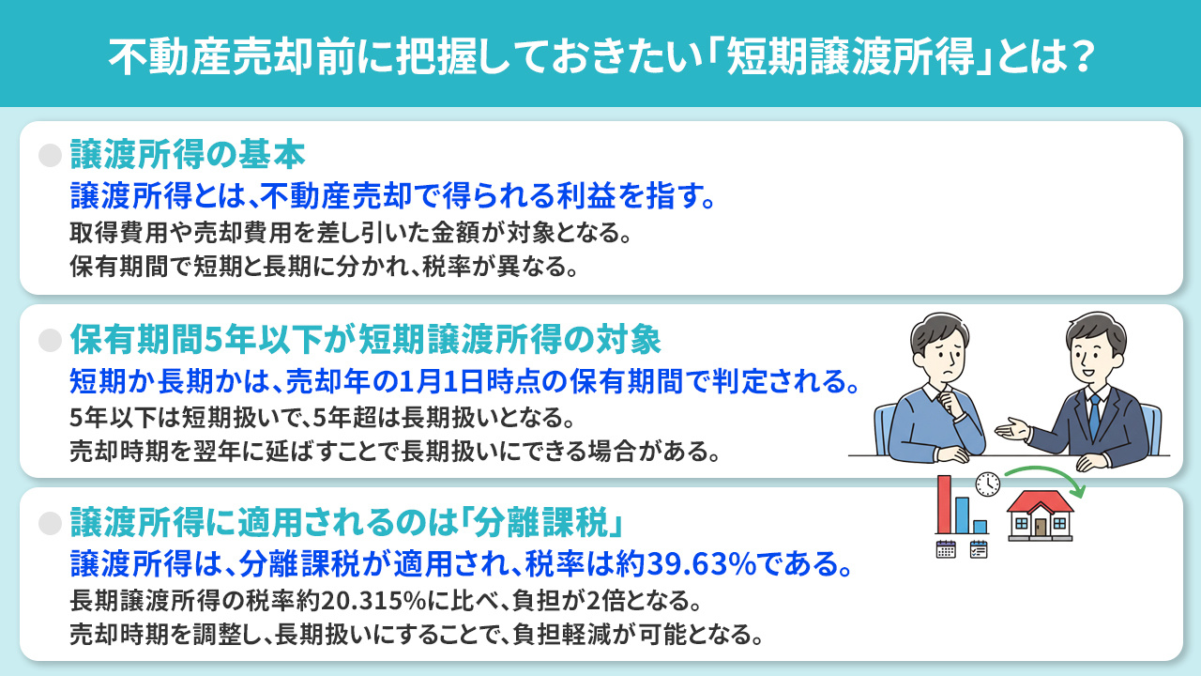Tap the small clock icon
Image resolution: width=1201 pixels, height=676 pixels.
click(x=987, y=484)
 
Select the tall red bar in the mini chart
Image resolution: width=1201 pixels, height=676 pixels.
click(x=943, y=504)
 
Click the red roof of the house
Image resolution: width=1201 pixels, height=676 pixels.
click(x=1040, y=501)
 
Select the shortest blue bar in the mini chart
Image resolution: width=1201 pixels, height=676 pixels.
click(x=980, y=526)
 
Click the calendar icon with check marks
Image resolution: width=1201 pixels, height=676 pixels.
click(x=979, y=549)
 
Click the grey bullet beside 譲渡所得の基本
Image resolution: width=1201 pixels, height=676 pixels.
click(x=50, y=155)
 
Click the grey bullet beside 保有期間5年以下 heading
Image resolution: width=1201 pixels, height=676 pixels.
click(x=50, y=338)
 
